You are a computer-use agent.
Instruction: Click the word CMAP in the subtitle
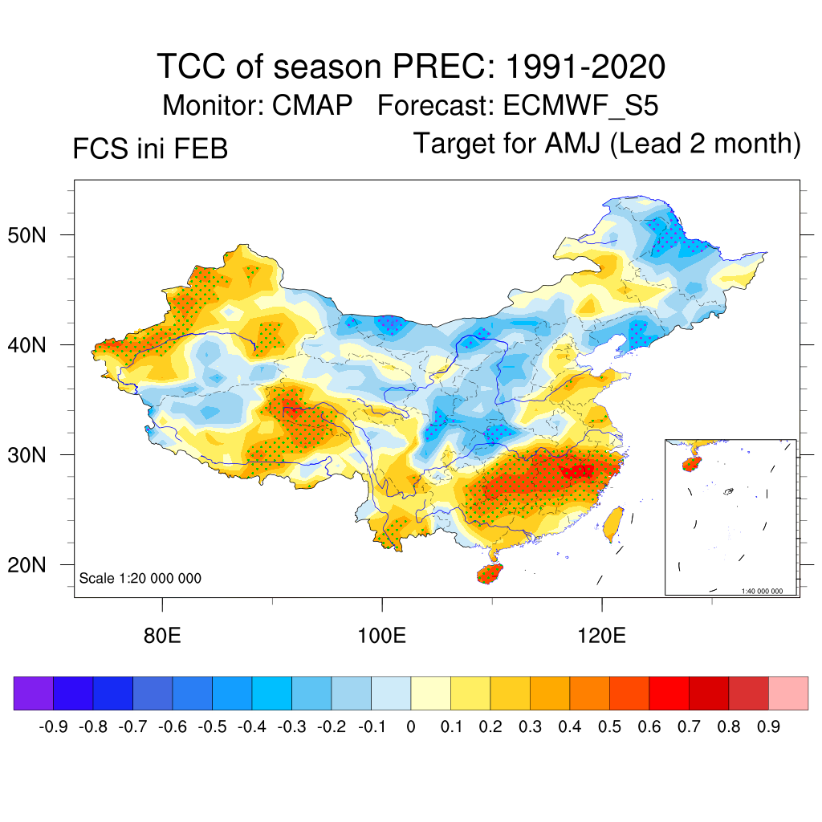(x=313, y=105)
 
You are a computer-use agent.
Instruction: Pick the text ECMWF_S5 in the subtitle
(x=581, y=105)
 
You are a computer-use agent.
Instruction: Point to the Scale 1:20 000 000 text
(x=140, y=579)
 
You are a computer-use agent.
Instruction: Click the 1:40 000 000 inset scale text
(x=761, y=592)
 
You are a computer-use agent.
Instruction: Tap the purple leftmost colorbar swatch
(x=33, y=694)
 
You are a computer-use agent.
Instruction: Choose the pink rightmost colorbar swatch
(x=788, y=694)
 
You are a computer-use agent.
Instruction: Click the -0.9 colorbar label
(x=54, y=727)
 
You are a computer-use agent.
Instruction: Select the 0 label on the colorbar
(x=411, y=727)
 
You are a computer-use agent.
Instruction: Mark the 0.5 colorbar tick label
(x=609, y=727)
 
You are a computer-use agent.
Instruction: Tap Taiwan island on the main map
(x=612, y=522)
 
